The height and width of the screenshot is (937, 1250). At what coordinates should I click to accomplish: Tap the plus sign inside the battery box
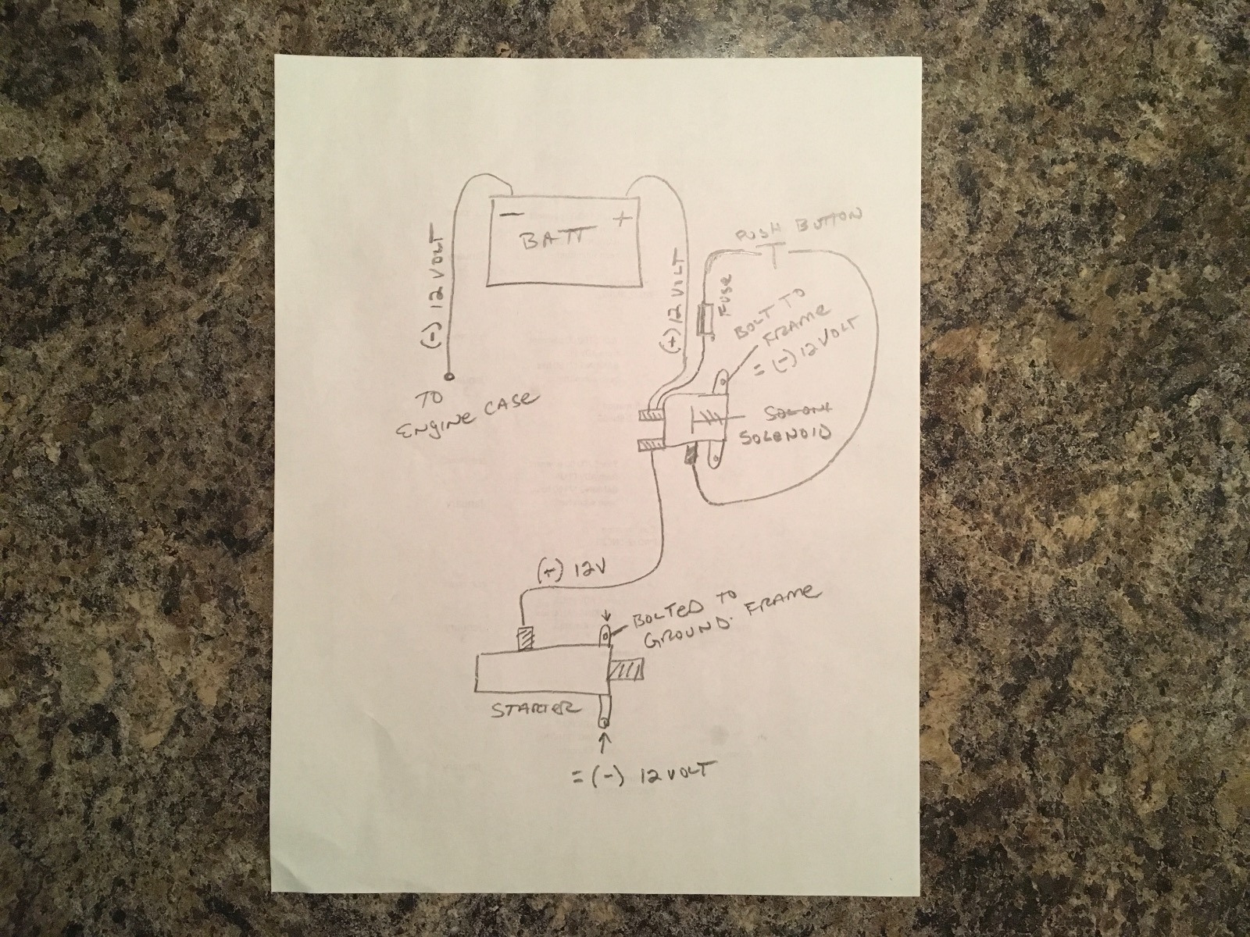622,219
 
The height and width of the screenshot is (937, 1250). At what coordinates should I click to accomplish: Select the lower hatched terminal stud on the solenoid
650,446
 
